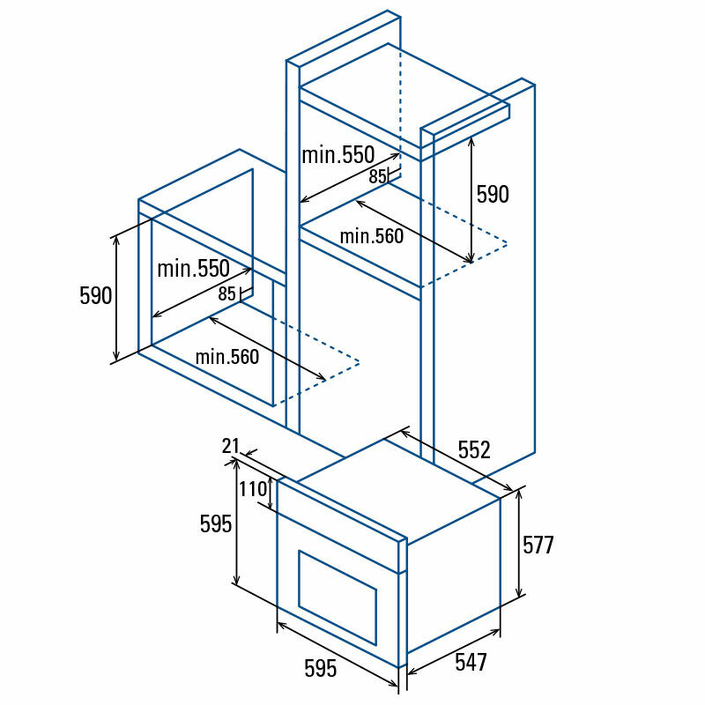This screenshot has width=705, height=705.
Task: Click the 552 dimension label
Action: [x=473, y=450]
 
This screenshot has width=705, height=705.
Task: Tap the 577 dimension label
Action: [x=538, y=545]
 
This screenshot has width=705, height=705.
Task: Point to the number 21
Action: [x=231, y=447]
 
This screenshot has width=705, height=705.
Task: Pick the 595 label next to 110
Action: [x=216, y=524]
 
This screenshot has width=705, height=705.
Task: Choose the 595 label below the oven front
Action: [x=321, y=669]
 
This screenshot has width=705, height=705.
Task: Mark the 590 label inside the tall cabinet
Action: [x=493, y=195]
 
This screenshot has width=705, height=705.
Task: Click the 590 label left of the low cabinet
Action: [x=96, y=296]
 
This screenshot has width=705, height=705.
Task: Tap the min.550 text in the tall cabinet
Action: [x=338, y=156]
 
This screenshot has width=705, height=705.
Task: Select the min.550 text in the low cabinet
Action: [x=193, y=269]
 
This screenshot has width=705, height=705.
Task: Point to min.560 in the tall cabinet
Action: [x=372, y=236]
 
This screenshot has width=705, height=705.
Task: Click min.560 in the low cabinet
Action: [x=227, y=357]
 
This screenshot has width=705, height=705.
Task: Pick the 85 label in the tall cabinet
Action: [x=377, y=176]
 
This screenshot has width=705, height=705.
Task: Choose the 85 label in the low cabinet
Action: [x=227, y=294]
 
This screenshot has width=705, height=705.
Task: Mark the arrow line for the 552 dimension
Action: [x=456, y=461]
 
